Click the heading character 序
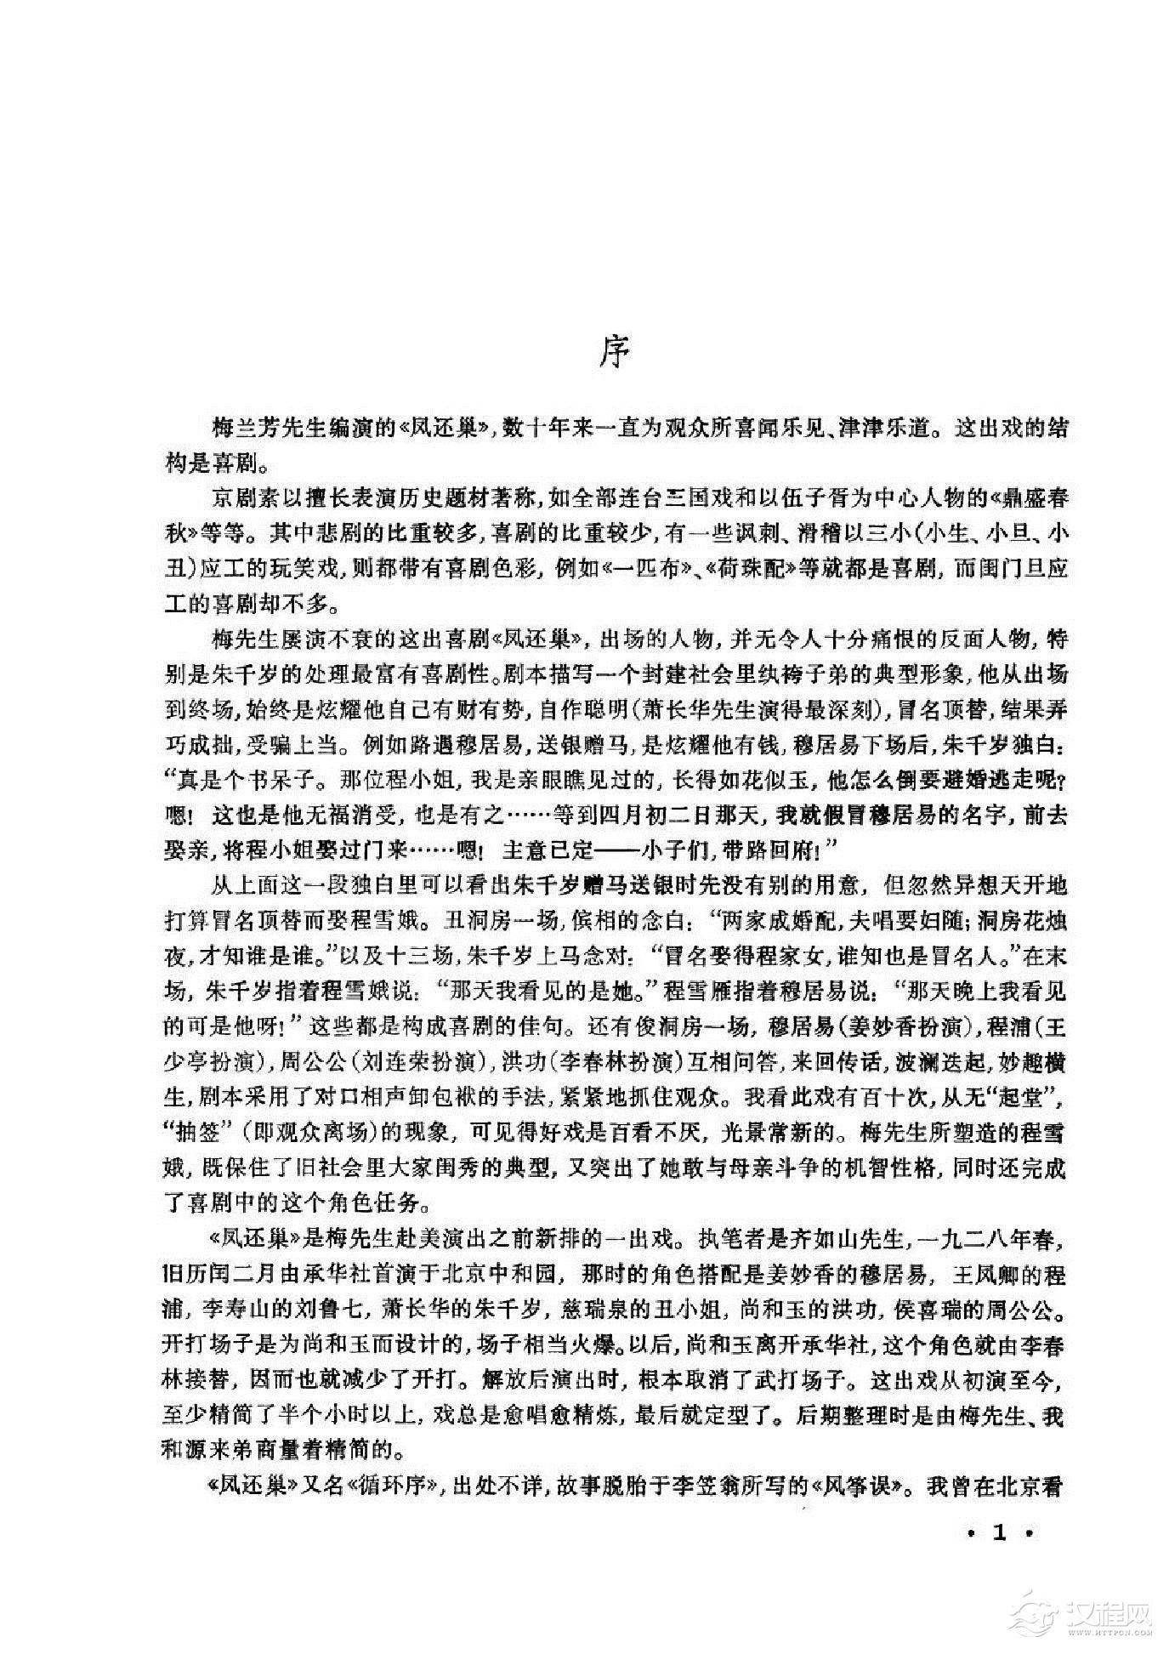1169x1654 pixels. (x=612, y=351)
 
